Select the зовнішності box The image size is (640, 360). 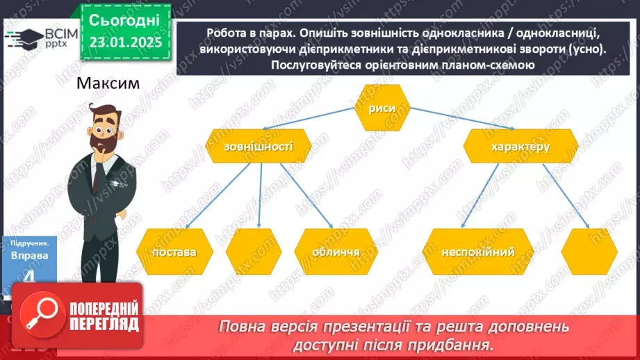coord(249,148)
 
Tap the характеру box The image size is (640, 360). coord(520,147)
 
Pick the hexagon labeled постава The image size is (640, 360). coord(175,252)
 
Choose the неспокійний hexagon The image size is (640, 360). coord(477,252)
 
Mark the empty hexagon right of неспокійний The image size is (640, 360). coord(589,252)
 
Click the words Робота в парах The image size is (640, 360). coord(240,34)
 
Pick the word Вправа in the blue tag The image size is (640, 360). coord(29,255)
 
